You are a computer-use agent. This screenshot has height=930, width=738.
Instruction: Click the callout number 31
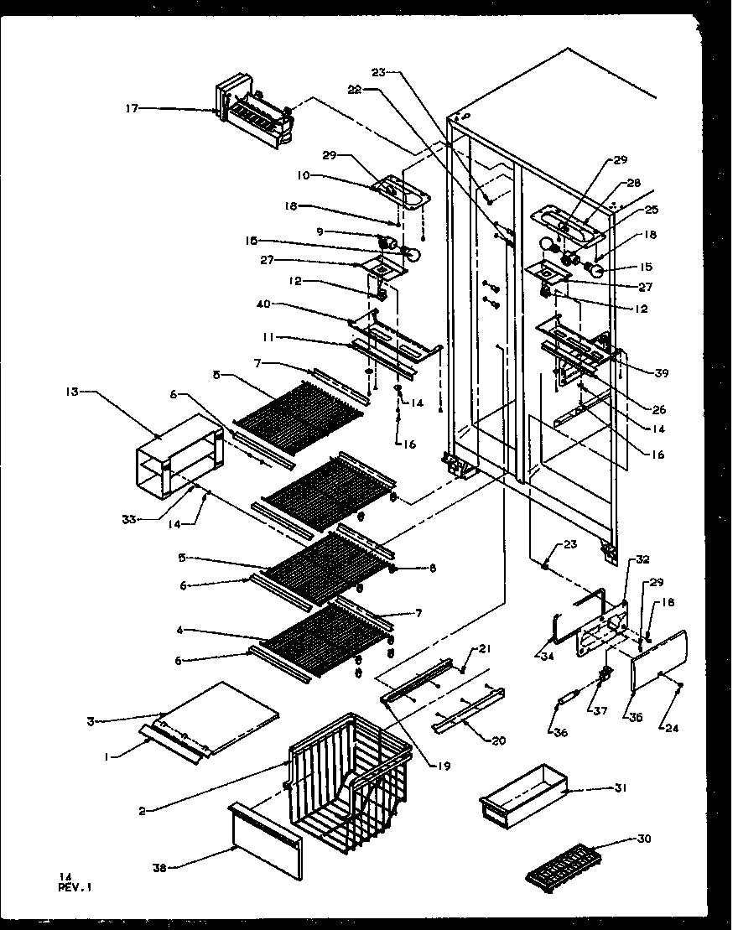pos(621,788)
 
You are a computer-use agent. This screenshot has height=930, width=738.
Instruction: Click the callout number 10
pos(303,175)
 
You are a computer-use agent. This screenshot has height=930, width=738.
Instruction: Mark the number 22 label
pos(356,91)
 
